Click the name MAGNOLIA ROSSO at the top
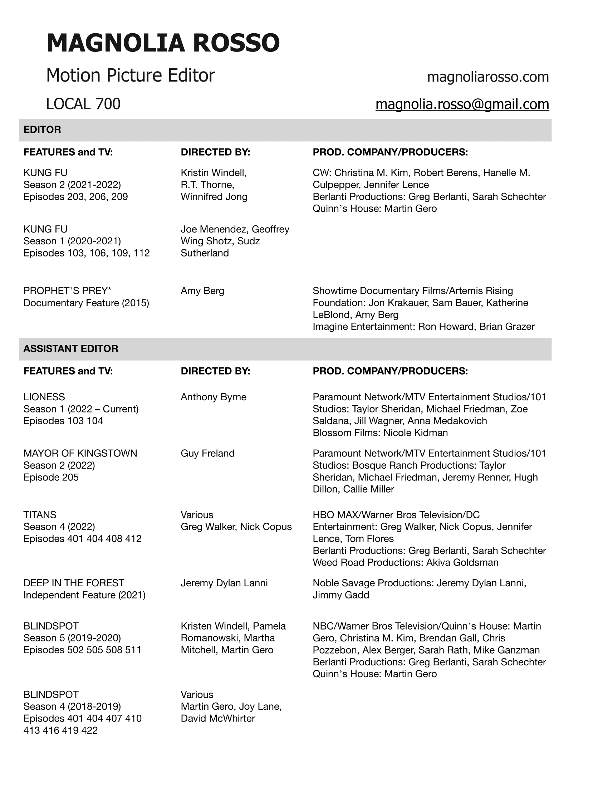[x=163, y=43]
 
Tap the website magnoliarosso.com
[x=488, y=77]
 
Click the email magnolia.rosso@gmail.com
[x=462, y=104]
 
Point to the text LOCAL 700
[x=83, y=104]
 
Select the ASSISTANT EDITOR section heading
[x=70, y=348]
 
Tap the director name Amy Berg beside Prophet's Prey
[x=202, y=291]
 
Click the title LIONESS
[x=44, y=397]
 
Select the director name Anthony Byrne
[x=214, y=397]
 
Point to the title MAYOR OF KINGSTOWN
[x=80, y=453]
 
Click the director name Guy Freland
[x=207, y=453]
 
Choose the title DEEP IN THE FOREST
[x=74, y=583]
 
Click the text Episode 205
[x=51, y=478]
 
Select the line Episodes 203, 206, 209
[x=75, y=197]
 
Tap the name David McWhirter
[x=218, y=719]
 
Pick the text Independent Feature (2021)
[x=84, y=595]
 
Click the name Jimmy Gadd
[x=341, y=595]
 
